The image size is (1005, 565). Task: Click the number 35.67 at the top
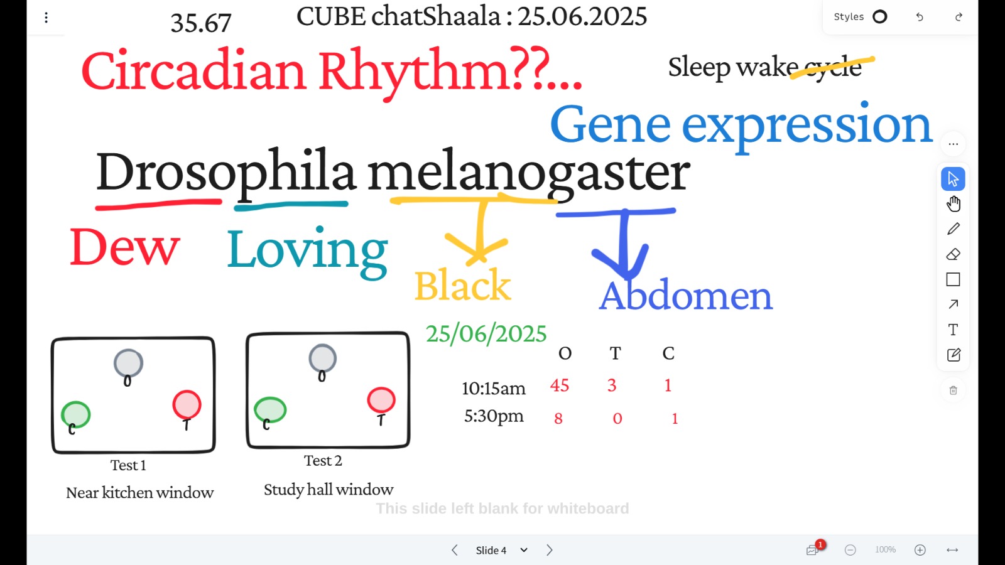(200, 23)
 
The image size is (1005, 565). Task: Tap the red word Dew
(125, 247)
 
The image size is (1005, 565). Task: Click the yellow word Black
(462, 285)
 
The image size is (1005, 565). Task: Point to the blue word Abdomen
(686, 295)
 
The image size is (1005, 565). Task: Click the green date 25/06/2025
(486, 333)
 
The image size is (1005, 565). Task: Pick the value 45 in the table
(560, 385)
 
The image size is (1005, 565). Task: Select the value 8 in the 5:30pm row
(558, 418)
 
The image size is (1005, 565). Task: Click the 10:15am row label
(494, 389)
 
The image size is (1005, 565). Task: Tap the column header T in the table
(615, 353)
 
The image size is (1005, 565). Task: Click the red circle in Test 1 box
(187, 404)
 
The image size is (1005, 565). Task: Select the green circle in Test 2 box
(270, 410)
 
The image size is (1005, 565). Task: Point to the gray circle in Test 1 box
(128, 363)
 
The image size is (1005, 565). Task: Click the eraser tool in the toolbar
(953, 254)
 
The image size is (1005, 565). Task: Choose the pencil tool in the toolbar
(953, 229)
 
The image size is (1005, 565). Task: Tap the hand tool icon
(953, 204)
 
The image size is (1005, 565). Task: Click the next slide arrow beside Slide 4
(550, 550)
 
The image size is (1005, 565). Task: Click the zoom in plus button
(920, 550)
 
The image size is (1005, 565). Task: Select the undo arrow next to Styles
(920, 17)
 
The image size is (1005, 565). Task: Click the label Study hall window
(329, 490)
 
